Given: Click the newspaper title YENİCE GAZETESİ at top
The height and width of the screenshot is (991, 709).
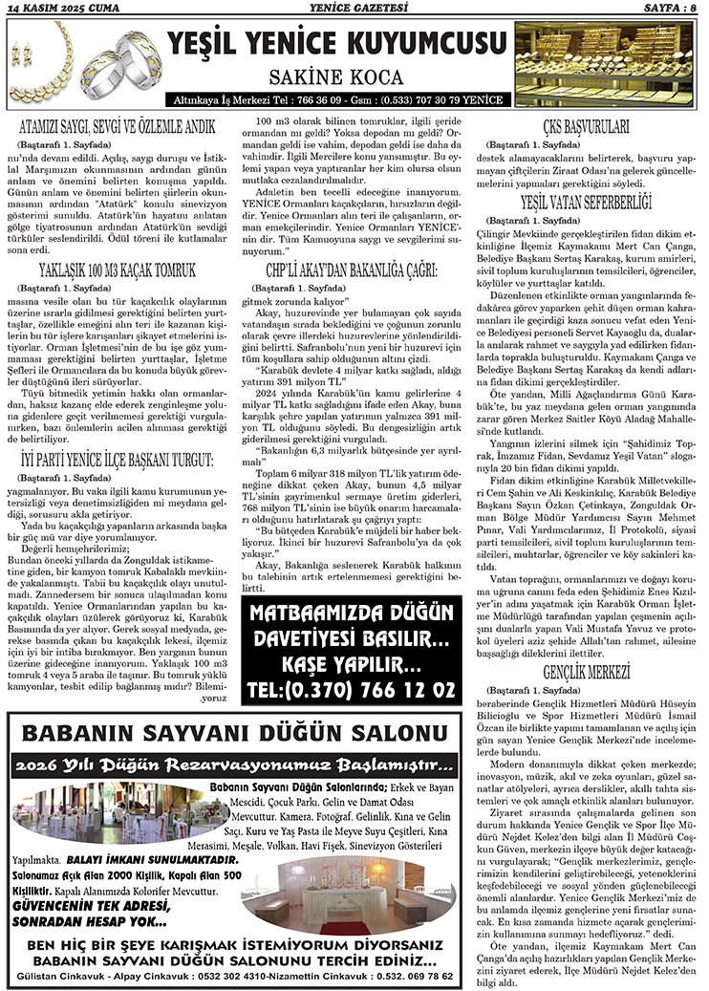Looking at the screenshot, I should tap(354, 9).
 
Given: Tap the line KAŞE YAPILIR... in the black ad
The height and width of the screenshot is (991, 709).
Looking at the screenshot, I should tap(353, 662).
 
